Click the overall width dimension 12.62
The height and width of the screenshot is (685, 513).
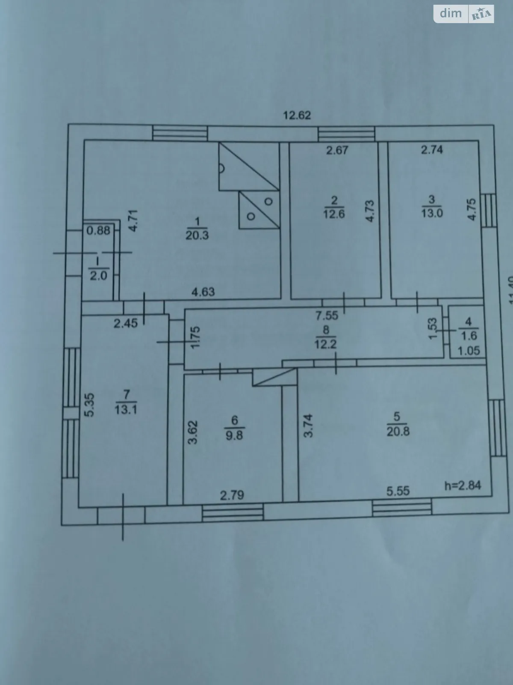click(x=297, y=115)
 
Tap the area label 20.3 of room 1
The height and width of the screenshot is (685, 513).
click(x=197, y=235)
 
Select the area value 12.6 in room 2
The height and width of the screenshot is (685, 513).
click(x=334, y=214)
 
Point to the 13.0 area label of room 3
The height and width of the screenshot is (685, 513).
click(x=432, y=213)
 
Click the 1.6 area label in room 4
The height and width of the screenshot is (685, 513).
click(x=468, y=336)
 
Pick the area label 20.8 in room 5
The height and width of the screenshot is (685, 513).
click(x=398, y=431)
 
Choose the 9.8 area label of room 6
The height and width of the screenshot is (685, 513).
click(x=234, y=435)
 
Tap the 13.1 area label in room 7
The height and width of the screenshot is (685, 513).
click(x=126, y=409)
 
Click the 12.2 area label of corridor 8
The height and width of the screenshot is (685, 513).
click(x=326, y=344)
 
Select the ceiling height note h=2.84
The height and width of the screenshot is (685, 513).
click(x=463, y=485)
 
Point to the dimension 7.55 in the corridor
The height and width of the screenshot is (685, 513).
click(x=327, y=316)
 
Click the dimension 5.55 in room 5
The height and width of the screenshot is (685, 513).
click(x=398, y=491)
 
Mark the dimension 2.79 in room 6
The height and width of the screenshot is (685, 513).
click(x=232, y=495)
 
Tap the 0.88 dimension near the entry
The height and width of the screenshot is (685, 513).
click(x=98, y=230)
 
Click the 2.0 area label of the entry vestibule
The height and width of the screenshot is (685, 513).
click(x=98, y=275)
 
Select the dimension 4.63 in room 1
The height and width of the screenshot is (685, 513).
click(x=203, y=292)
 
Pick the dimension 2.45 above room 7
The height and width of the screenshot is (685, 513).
click(x=126, y=323)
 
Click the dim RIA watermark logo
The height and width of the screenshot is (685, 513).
click(x=464, y=14)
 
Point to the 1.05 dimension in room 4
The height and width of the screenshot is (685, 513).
click(x=469, y=351)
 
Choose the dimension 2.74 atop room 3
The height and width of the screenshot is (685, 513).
click(x=432, y=149)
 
